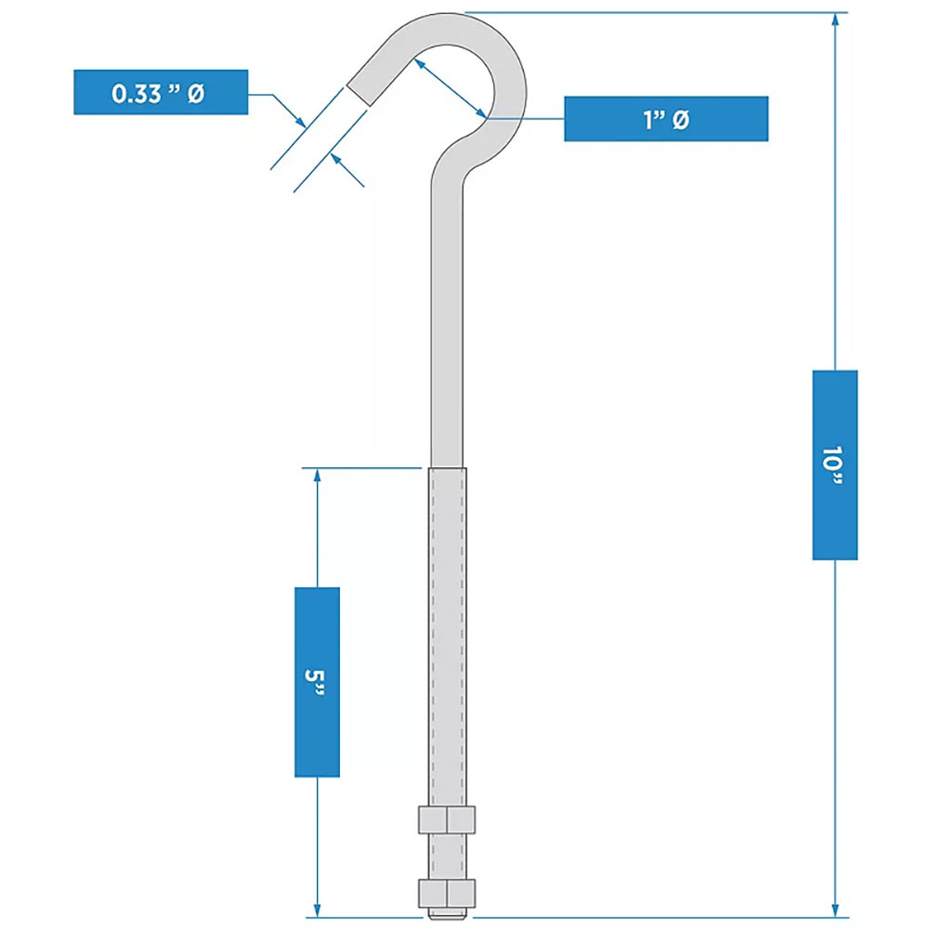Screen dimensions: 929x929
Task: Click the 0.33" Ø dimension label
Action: click(x=160, y=92)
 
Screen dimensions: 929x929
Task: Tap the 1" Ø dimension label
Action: click(x=665, y=119)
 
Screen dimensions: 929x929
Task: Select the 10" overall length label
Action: click(x=834, y=464)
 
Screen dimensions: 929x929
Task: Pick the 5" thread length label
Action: click(x=317, y=681)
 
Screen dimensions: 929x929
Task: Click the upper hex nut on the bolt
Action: click(x=447, y=819)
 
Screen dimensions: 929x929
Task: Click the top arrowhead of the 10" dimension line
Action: click(x=835, y=20)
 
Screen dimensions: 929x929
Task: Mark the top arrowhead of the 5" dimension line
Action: click(x=318, y=476)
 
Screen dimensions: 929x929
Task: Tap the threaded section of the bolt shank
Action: click(x=448, y=632)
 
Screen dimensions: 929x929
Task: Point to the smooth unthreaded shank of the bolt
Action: click(x=447, y=325)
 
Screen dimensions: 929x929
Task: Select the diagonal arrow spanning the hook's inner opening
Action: click(x=451, y=85)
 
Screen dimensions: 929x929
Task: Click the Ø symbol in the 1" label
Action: click(x=680, y=120)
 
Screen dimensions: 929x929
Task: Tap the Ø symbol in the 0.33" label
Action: click(x=195, y=93)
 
